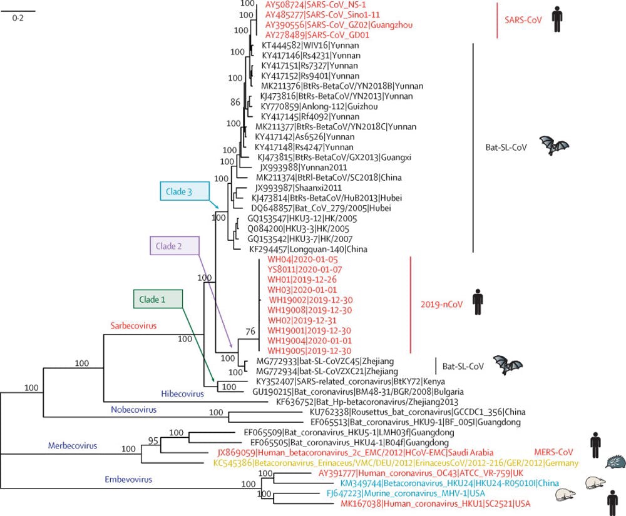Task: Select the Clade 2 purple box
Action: pos(173,246)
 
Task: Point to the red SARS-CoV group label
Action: pos(523,19)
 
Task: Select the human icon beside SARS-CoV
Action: pos(557,19)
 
